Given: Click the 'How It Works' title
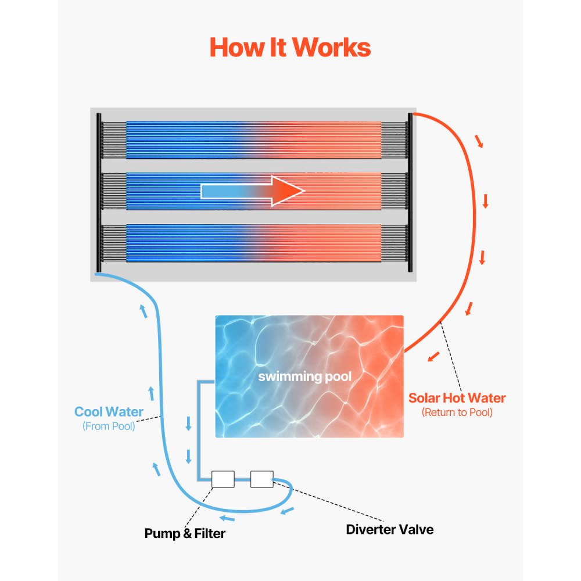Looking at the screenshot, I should pos(290,47).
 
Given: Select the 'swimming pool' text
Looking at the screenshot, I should pos(305,376).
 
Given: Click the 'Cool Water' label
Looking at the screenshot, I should pos(109,413).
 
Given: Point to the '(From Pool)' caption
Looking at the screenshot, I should pos(109,426).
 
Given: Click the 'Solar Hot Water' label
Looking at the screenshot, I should pos(457,399).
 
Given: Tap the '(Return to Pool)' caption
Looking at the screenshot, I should pos(457,413).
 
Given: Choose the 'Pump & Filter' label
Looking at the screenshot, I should pos(185,533).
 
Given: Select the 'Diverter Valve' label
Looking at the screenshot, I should pos(389,529).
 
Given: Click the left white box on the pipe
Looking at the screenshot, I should pos(223,479).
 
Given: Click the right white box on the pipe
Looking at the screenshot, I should pos(261,479).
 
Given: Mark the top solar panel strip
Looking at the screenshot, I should pos(253,140).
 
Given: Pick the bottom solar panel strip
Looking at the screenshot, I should pos(253,243).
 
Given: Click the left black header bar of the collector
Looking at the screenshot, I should pos(99,192).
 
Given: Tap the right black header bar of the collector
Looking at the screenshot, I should pos(410,192).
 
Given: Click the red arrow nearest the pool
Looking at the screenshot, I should pos(433,357).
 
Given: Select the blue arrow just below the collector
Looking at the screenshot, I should pos(143,311).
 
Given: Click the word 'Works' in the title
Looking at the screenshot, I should pos(333,47).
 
